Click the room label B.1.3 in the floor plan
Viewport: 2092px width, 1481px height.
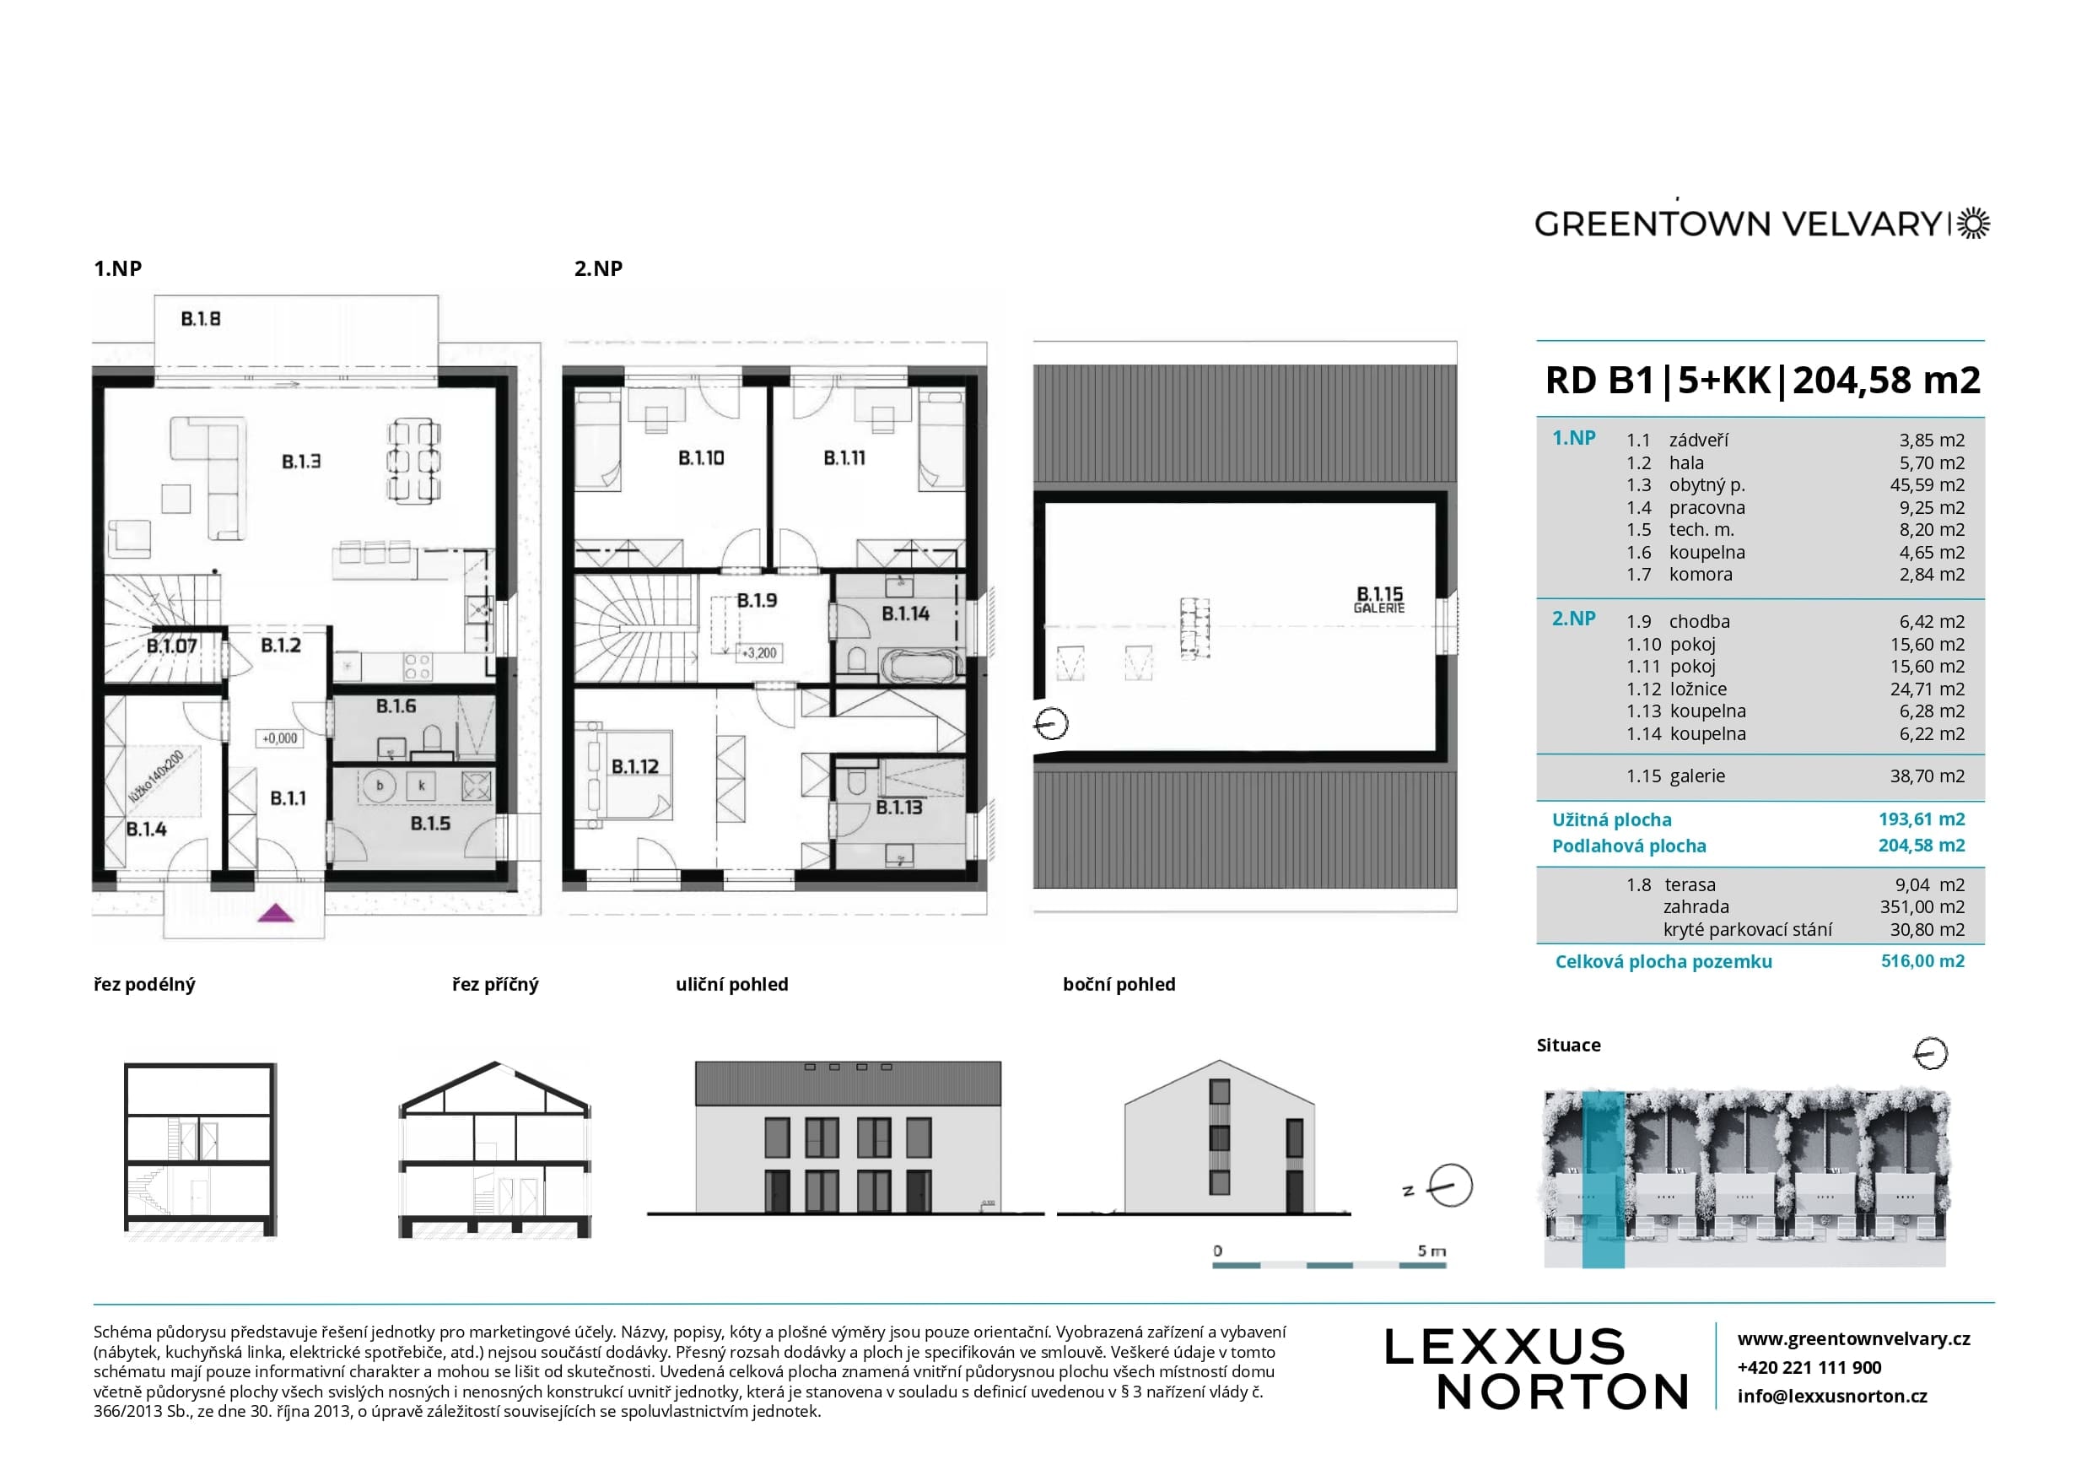301,462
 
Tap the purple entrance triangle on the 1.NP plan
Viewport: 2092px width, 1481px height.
275,913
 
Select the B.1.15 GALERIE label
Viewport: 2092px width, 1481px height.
1379,600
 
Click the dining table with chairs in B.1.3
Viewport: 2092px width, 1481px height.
414,461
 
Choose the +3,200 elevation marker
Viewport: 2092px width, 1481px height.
758,653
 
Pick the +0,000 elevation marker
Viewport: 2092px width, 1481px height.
280,738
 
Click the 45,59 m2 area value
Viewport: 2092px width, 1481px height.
1927,485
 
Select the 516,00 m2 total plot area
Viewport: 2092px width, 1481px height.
1922,961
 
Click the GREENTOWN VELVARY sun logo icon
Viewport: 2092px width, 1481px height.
1974,224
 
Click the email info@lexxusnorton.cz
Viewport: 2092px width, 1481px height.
1832,1396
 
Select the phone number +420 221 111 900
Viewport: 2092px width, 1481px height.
1809,1368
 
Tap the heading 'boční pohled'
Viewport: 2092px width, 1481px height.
1119,985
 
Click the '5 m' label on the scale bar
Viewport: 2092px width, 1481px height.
1432,1251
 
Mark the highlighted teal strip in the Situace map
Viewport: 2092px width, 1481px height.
1603,1180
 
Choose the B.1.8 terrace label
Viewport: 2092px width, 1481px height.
201,319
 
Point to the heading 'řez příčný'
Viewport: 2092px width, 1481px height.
495,985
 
